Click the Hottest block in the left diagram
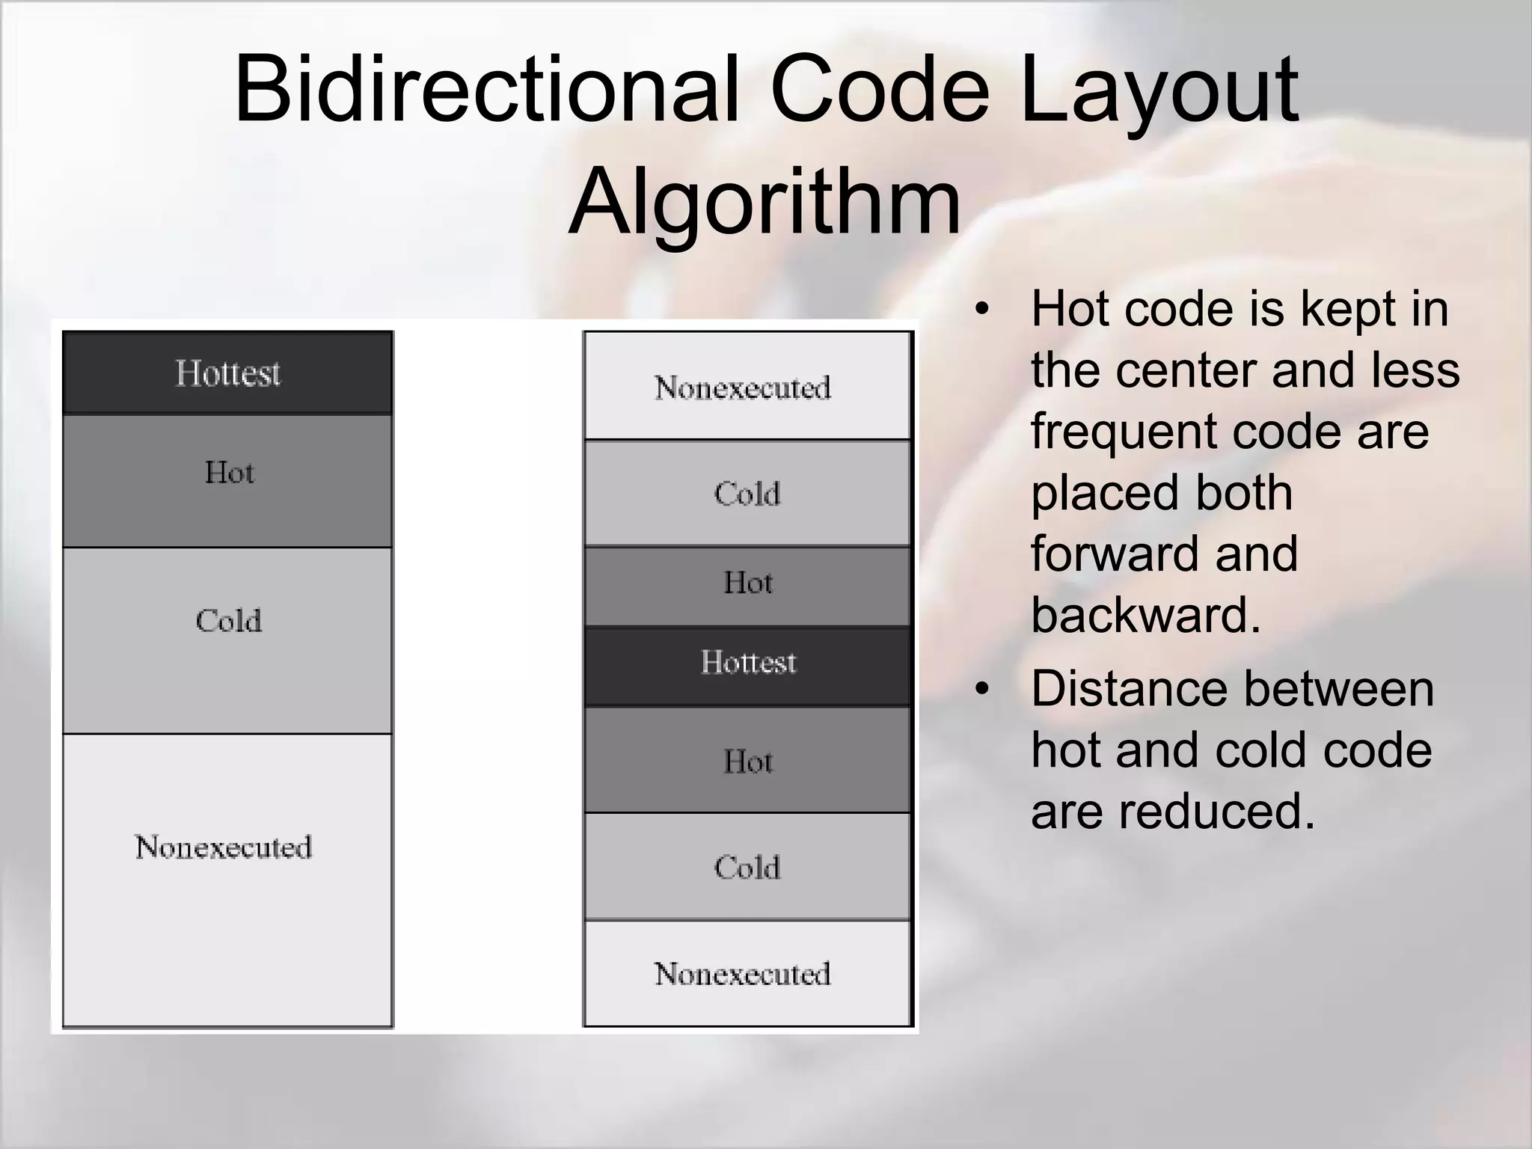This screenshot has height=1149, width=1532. click(x=227, y=373)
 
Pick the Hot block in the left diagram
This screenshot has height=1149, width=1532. click(x=227, y=480)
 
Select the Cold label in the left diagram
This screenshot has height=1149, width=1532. click(x=229, y=621)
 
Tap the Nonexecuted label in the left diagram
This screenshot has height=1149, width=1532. click(x=223, y=848)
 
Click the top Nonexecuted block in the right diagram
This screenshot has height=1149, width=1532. click(x=747, y=387)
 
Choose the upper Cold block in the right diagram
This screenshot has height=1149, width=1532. click(x=747, y=494)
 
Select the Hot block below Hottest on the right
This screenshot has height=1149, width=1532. click(x=747, y=760)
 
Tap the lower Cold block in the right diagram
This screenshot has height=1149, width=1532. click(x=747, y=866)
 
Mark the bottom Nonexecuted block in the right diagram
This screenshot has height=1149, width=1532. click(x=747, y=974)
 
